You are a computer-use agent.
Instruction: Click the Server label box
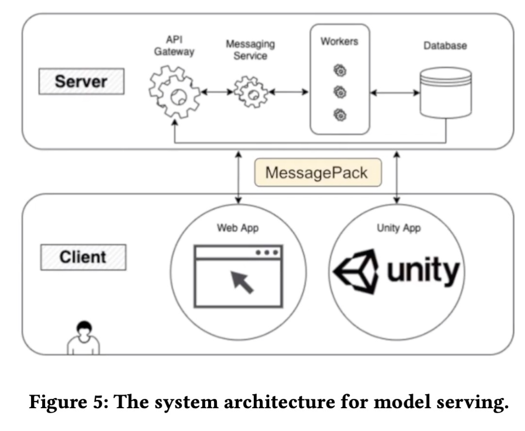tap(81, 81)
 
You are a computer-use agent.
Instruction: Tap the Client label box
tap(83, 257)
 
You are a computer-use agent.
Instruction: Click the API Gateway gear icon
tap(174, 93)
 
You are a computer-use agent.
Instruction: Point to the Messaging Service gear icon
tap(250, 92)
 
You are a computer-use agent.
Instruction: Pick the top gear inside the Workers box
tap(340, 71)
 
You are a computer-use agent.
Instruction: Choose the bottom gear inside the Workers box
tap(340, 115)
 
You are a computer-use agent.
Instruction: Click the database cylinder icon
tap(445, 93)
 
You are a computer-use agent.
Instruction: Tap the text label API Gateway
tap(174, 46)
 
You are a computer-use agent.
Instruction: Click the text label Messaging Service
tap(250, 50)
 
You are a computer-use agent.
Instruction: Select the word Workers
tap(339, 41)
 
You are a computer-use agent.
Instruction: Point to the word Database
tap(445, 46)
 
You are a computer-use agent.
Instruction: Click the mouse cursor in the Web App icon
tap(242, 282)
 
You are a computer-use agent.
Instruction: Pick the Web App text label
tap(237, 228)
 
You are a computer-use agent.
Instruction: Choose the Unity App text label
tap(398, 228)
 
